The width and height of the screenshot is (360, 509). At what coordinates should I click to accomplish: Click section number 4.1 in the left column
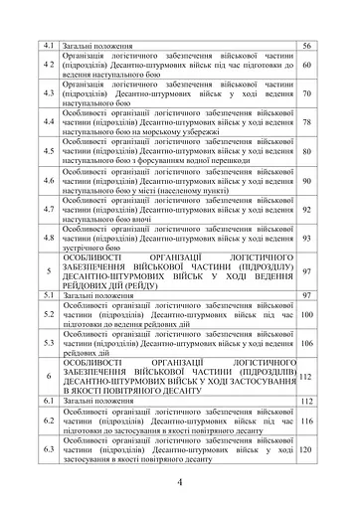[47, 47]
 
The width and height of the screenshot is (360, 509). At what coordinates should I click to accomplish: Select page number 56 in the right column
[307, 47]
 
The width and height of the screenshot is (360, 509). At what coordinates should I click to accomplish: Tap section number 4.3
[47, 94]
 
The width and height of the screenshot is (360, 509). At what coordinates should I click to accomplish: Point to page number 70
[307, 94]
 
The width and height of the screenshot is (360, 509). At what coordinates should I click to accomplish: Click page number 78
[307, 123]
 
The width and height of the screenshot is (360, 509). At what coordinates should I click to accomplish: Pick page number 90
[307, 181]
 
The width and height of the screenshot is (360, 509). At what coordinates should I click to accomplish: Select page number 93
[307, 239]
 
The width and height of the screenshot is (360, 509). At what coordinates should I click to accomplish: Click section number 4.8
[47, 239]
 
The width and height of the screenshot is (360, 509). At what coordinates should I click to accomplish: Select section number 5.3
[47, 343]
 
